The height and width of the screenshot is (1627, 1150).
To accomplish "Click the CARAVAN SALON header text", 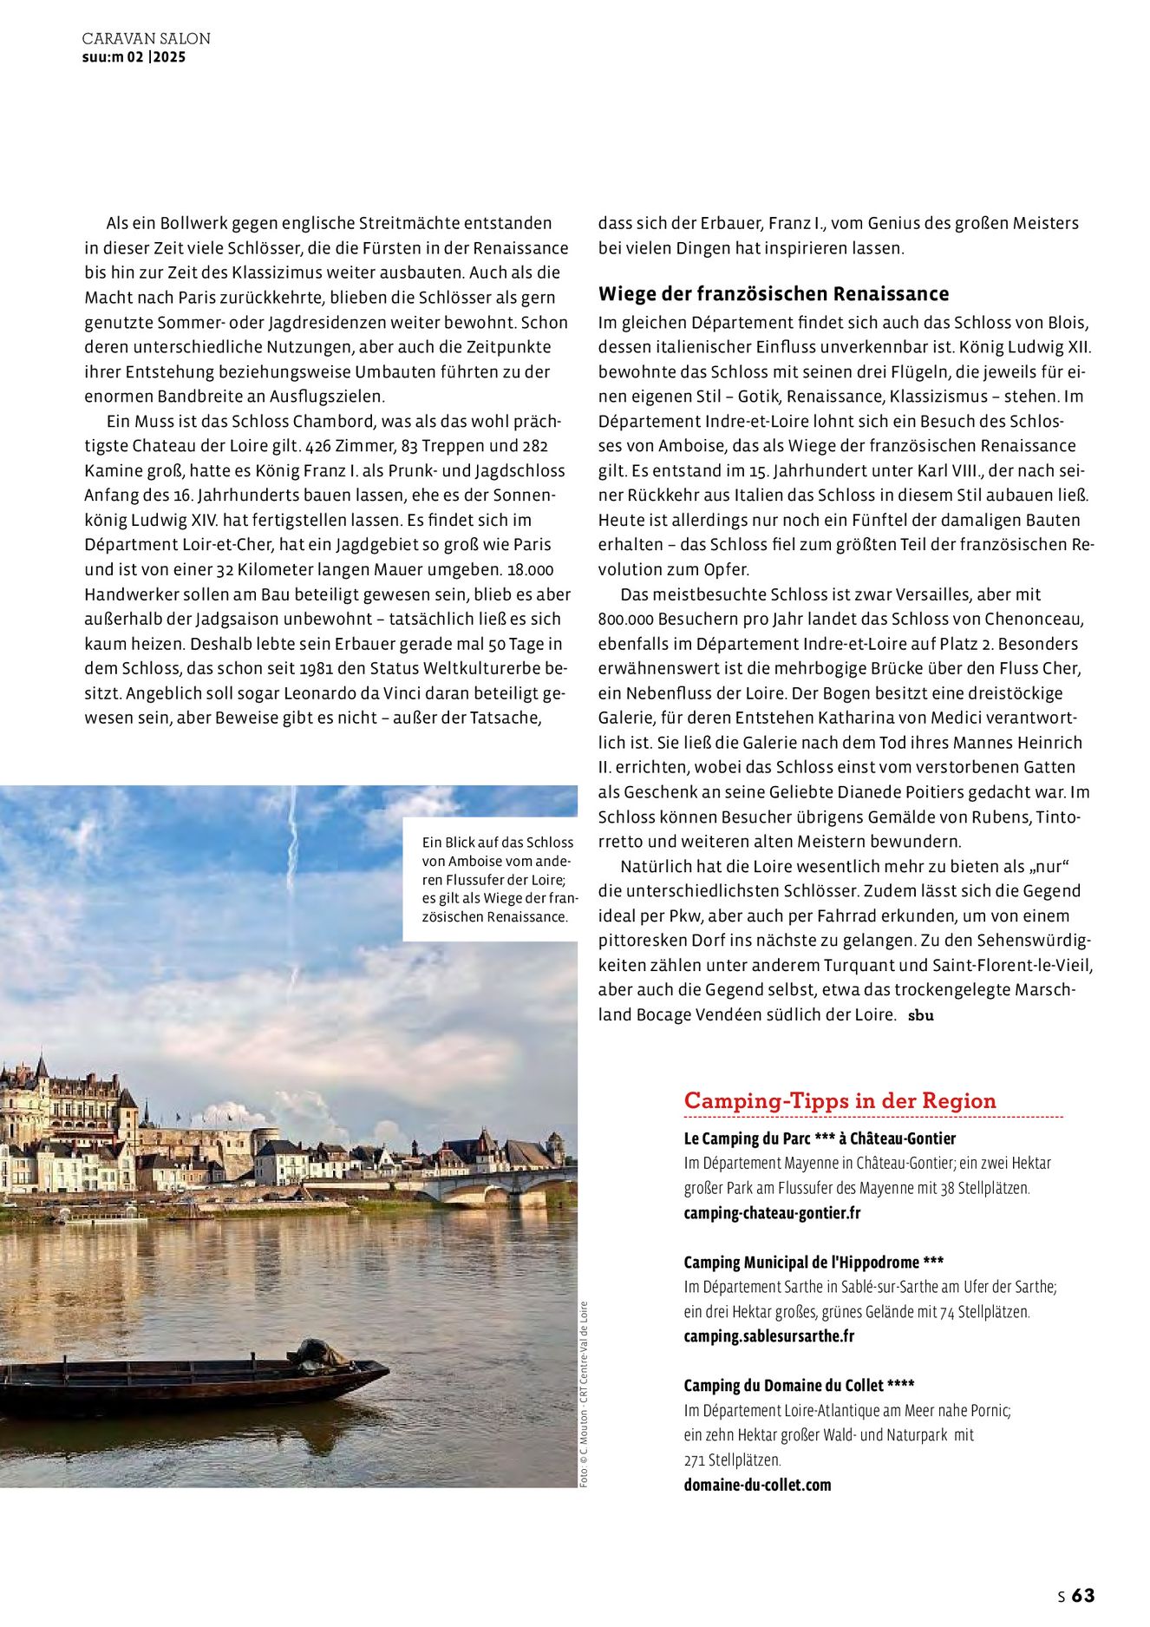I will coord(146,39).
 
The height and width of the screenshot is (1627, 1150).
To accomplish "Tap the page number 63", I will coord(1083,1595).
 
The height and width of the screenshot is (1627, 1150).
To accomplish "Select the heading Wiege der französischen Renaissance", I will coord(773,293).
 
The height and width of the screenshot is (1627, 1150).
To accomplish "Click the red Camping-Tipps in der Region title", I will coord(840,1100).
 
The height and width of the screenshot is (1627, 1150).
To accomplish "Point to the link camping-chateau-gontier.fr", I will coord(772,1213).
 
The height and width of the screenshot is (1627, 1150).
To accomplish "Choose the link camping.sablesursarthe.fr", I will coord(768,1336).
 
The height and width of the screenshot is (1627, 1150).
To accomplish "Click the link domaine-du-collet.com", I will coord(757,1485).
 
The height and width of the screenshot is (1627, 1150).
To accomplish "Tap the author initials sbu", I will coord(921,1015).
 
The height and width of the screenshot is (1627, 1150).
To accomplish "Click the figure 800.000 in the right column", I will coord(625,620).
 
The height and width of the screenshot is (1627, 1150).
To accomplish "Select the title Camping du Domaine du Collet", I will coord(799,1386).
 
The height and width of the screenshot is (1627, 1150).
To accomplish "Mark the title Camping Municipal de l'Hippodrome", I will coord(813,1263).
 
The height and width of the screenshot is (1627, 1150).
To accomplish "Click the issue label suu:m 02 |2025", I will coord(134,57).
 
